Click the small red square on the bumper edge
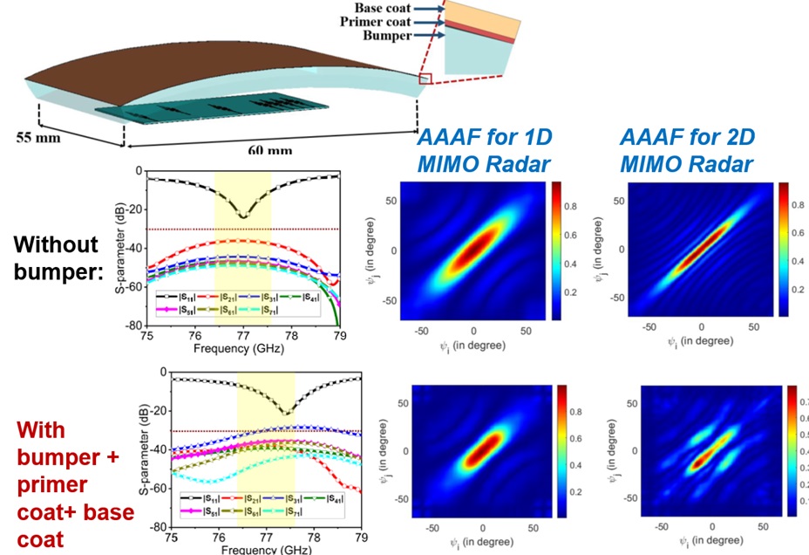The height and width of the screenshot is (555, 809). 425,79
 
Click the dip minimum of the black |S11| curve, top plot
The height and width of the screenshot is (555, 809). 242,216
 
